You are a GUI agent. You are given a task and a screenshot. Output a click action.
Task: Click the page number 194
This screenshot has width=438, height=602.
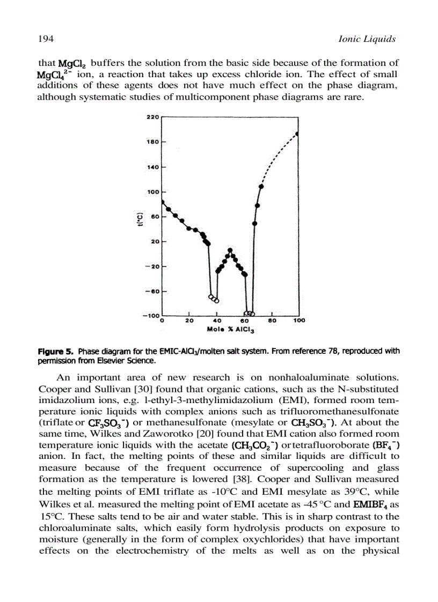pos(45,39)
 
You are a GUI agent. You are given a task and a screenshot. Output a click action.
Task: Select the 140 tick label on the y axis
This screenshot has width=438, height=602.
pos(152,167)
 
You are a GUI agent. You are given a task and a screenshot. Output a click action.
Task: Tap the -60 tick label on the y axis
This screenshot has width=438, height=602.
pos(151,291)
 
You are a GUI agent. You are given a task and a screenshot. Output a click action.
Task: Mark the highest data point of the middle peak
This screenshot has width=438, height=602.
pos(230,250)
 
